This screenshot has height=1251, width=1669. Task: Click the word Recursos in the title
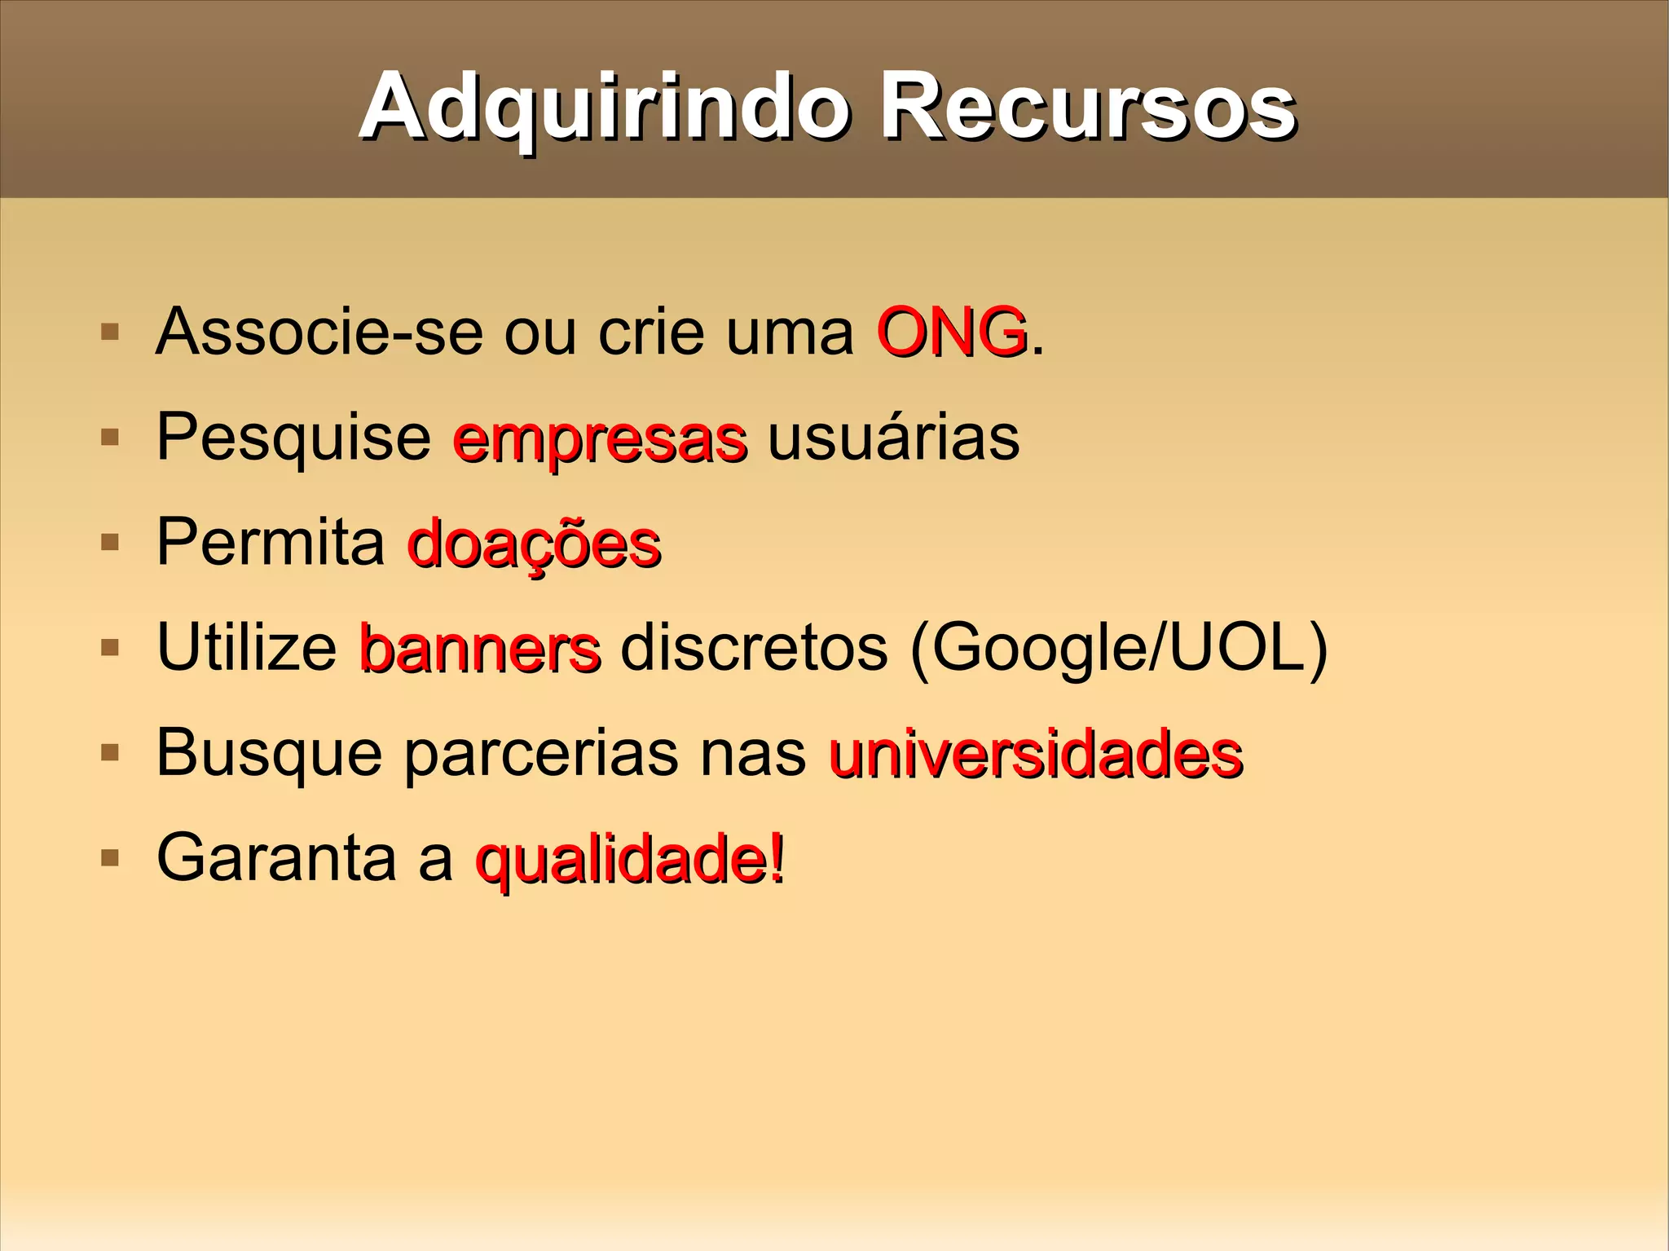[1087, 108]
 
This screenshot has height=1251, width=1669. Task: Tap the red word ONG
[950, 333]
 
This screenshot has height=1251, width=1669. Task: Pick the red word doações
[534, 544]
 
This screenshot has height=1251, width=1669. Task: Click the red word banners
[480, 649]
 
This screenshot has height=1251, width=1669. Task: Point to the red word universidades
[1036, 754]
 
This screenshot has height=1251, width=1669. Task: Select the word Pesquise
[293, 438]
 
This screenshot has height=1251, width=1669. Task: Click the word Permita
[271, 542]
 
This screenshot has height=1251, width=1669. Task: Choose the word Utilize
[247, 648]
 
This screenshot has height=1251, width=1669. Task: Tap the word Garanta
[275, 857]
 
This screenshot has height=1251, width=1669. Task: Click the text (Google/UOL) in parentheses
[1118, 649]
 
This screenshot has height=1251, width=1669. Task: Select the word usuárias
[893, 438]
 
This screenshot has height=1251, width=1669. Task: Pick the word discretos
[754, 648]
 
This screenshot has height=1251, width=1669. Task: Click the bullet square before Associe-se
[109, 333]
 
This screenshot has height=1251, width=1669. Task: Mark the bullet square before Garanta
[109, 857]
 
